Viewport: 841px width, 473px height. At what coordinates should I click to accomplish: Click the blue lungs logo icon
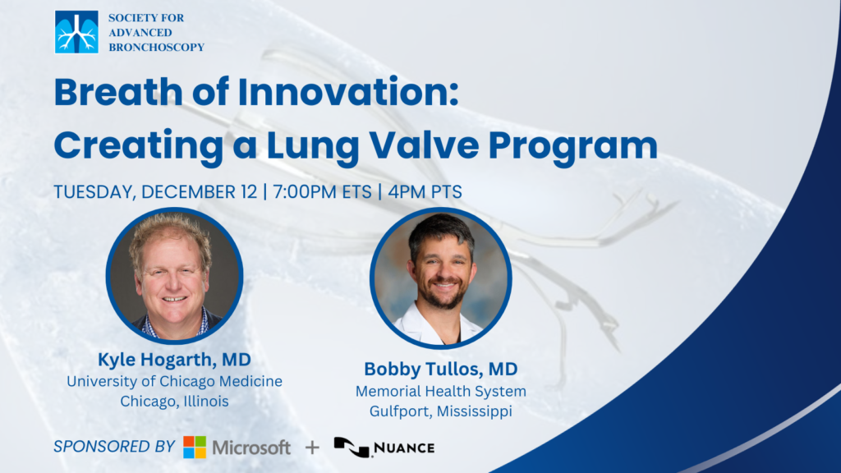(x=76, y=32)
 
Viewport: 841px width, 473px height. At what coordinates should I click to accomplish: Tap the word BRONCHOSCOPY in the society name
(x=157, y=47)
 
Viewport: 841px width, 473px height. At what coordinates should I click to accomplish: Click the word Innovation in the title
(x=348, y=92)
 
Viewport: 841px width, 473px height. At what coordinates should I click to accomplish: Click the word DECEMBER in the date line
(x=199, y=192)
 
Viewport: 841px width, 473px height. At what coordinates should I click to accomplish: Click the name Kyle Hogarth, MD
(x=174, y=360)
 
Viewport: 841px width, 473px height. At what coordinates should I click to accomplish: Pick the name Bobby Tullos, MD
(x=441, y=369)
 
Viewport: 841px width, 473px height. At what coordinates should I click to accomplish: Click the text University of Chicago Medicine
(x=174, y=381)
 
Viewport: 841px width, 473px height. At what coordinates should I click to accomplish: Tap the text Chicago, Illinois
(x=174, y=401)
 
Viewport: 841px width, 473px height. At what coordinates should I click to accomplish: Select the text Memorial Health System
(x=441, y=392)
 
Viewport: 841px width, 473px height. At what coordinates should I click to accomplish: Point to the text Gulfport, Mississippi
(x=441, y=411)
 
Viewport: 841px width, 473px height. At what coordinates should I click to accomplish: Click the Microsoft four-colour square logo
(x=195, y=448)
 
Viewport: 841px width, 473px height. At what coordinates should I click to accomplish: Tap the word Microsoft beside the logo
(x=251, y=448)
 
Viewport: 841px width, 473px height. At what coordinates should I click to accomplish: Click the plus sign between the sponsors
(x=312, y=448)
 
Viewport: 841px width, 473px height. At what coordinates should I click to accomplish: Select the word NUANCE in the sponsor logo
(x=404, y=448)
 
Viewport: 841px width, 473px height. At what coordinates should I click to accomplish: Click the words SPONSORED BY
(x=114, y=446)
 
